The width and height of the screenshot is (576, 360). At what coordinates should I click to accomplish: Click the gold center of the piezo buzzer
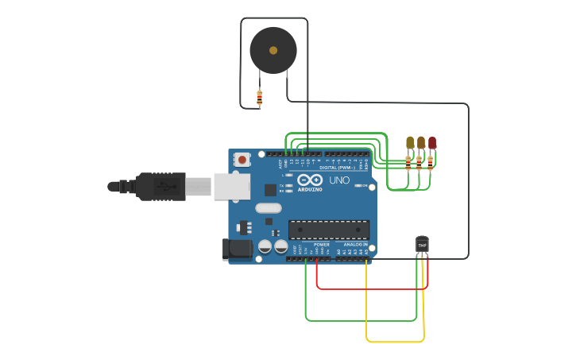click(x=273, y=50)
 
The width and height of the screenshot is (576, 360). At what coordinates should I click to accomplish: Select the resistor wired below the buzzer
click(x=260, y=98)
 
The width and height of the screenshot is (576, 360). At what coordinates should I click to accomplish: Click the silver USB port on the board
click(x=232, y=186)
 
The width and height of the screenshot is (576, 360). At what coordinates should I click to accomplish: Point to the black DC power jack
click(x=237, y=250)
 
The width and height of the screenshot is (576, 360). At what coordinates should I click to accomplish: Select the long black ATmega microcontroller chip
click(x=329, y=230)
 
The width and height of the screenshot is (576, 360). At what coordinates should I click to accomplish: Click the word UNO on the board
click(x=339, y=181)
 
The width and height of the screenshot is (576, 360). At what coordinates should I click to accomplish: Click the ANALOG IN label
click(x=354, y=245)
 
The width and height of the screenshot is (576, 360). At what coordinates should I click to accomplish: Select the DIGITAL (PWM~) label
click(x=337, y=168)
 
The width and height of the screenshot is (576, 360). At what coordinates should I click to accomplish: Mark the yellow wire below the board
click(x=394, y=342)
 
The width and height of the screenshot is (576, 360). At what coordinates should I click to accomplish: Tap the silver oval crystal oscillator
click(x=269, y=208)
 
